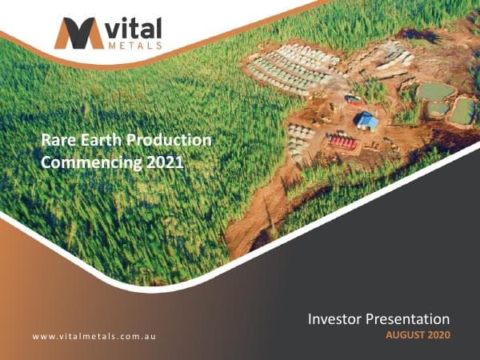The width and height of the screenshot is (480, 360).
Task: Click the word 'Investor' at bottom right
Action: (337, 319)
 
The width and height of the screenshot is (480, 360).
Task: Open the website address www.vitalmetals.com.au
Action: (94, 336)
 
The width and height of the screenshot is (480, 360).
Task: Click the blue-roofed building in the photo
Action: (367, 121)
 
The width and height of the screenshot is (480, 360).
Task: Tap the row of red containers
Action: (343, 142)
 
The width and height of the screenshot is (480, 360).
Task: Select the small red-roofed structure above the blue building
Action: (354, 101)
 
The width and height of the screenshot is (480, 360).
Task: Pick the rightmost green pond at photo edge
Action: (463, 110)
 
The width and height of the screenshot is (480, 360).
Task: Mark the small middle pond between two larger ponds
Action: (438, 108)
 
